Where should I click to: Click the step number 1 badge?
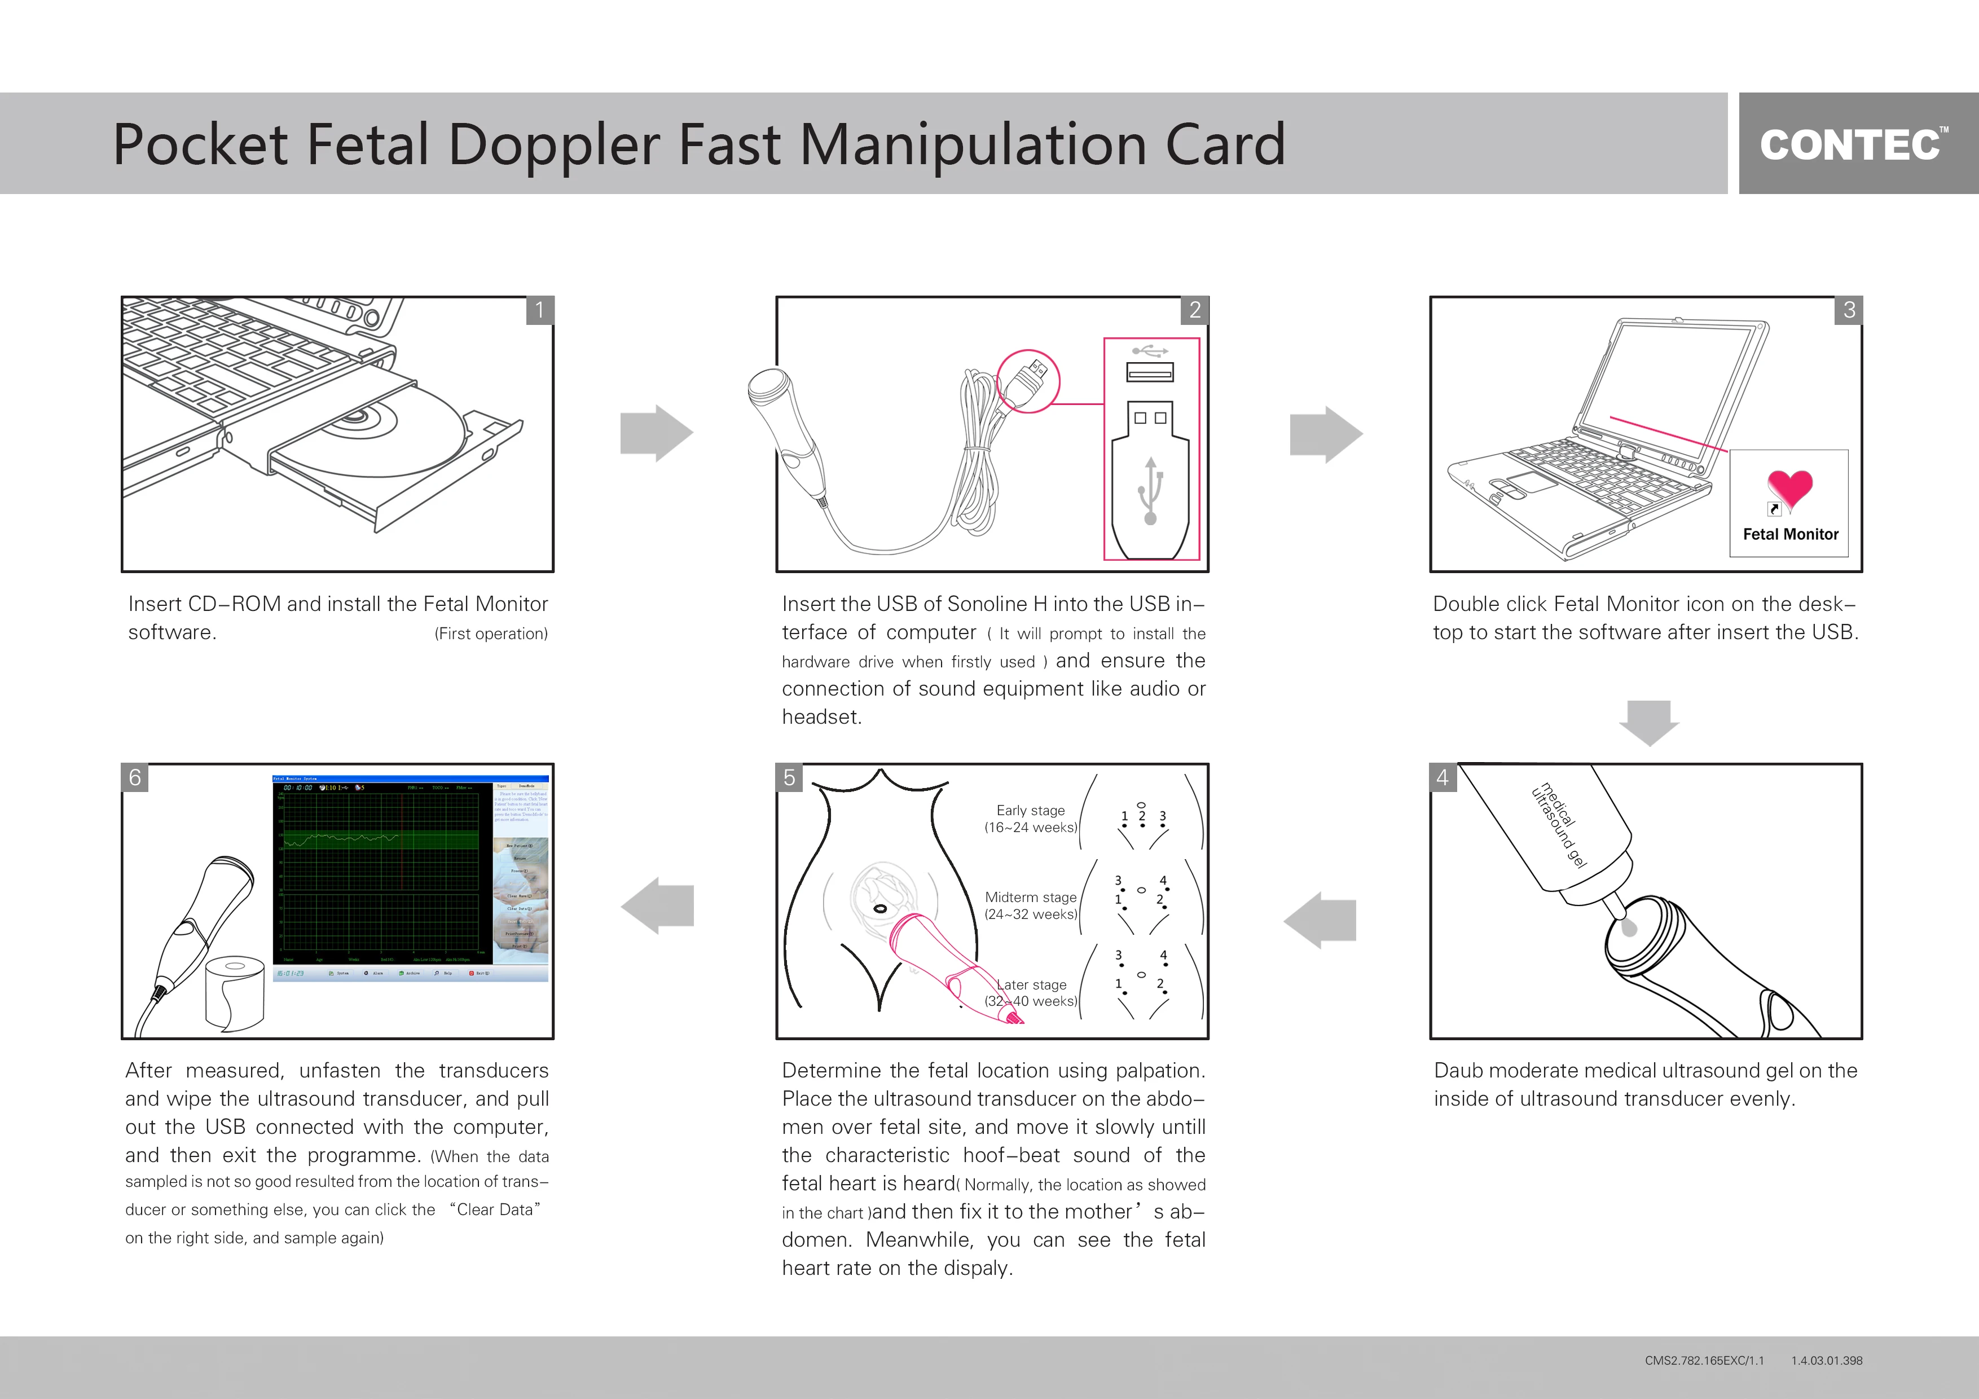pyautogui.click(x=539, y=310)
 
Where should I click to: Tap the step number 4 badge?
pyautogui.click(x=1442, y=777)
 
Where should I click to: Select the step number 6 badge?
pyautogui.click(x=135, y=777)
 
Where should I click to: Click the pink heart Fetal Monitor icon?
pyautogui.click(x=1789, y=488)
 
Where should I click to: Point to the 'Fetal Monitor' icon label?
pyautogui.click(x=1790, y=534)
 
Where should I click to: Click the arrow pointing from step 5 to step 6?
pyautogui.click(x=658, y=905)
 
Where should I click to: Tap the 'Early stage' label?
pyautogui.click(x=1030, y=810)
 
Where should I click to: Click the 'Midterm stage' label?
pyautogui.click(x=1030, y=898)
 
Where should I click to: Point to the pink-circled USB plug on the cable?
pyautogui.click(x=1029, y=380)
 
